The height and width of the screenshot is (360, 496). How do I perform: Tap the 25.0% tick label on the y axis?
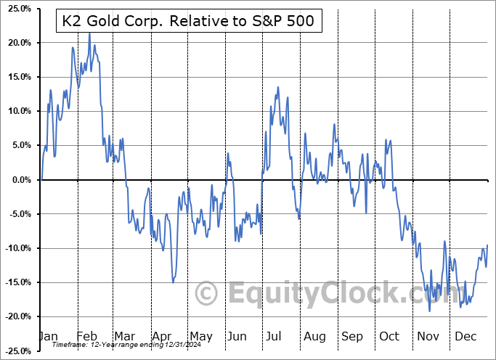pos(17,9)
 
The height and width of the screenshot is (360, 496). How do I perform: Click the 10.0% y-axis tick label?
pos(17,111)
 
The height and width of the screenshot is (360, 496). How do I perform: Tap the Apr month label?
pos(162,336)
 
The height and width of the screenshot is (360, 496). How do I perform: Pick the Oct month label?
pos(389,336)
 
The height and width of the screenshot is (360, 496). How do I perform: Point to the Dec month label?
pos(465,336)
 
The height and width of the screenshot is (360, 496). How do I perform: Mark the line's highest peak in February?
pos(89,33)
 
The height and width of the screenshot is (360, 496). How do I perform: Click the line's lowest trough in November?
pos(429,311)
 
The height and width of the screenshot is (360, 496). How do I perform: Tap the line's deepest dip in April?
pos(173,282)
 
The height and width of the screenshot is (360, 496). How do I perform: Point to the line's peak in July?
pos(277,88)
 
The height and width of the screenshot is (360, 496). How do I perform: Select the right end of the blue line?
pos(487,245)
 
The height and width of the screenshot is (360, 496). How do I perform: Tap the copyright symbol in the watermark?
pos(207,293)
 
